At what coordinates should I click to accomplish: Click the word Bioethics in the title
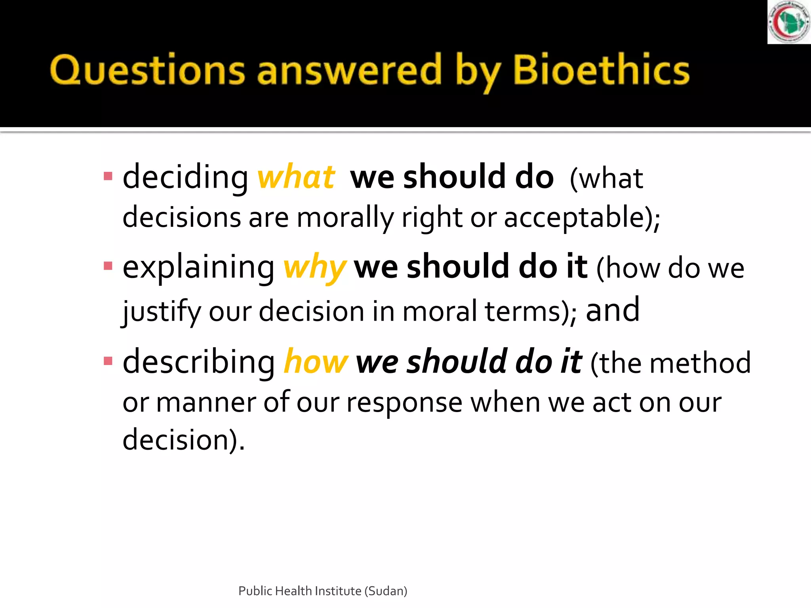click(x=601, y=70)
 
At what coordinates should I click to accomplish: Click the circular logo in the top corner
click(x=789, y=22)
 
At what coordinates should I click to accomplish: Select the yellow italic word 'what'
click(x=296, y=177)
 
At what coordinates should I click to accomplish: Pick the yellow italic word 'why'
click(x=315, y=268)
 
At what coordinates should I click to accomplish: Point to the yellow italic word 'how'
click(x=316, y=362)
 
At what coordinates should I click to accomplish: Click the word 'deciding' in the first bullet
click(x=185, y=177)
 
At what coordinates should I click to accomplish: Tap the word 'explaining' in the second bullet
click(x=198, y=268)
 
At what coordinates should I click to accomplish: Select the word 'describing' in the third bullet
click(x=199, y=362)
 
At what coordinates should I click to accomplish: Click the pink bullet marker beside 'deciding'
click(x=108, y=176)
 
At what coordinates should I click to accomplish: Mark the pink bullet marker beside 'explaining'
click(x=108, y=266)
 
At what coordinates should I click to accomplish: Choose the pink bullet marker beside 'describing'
click(x=108, y=361)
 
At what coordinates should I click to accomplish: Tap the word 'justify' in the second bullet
click(x=162, y=312)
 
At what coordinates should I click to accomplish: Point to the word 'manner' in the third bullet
click(x=206, y=403)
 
